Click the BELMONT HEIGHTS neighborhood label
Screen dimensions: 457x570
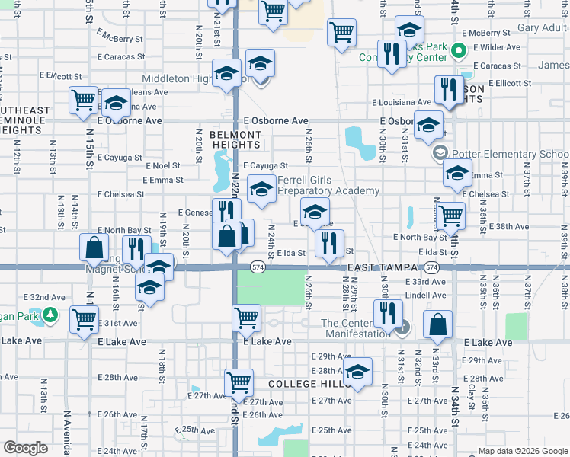click(x=235, y=139)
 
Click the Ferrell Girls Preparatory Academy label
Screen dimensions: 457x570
click(x=328, y=185)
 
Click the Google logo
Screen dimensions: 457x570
click(x=25, y=448)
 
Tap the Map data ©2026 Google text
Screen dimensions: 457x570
click(x=522, y=451)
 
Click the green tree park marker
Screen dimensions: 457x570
click(x=50, y=314)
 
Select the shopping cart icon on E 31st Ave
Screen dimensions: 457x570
click(x=84, y=319)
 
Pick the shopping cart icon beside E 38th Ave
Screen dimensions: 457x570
click(x=451, y=216)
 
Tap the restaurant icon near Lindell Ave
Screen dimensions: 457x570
click(x=388, y=312)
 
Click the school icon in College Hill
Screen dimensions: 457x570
click(x=357, y=371)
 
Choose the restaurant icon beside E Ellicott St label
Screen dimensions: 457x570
click(x=449, y=88)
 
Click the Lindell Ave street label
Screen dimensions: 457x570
click(x=425, y=296)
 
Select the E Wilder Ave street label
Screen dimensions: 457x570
click(x=496, y=47)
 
